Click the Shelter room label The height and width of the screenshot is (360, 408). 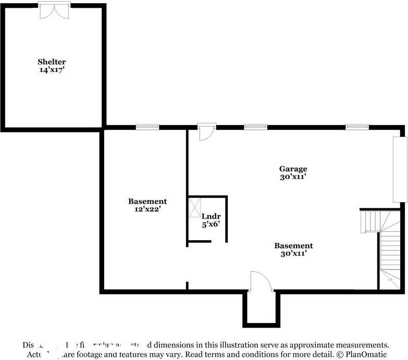click(51, 62)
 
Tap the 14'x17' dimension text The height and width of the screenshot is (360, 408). click(51, 69)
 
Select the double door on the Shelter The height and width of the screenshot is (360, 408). click(54, 10)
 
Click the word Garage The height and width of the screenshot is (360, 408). click(293, 169)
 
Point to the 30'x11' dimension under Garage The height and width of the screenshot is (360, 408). click(293, 177)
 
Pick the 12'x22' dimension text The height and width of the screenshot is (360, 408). click(147, 209)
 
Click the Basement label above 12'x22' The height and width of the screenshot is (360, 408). click(147, 201)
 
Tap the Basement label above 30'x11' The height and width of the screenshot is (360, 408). click(293, 246)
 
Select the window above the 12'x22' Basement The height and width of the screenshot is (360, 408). click(147, 127)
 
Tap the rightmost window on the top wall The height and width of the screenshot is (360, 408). click(357, 127)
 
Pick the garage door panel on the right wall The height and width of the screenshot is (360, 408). click(399, 169)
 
